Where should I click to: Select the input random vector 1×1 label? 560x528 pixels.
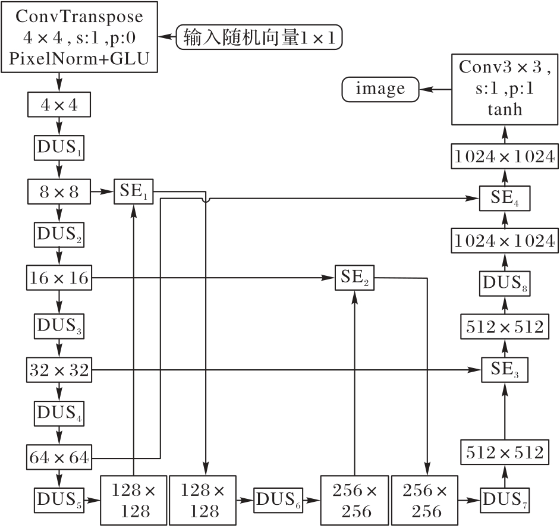click(260, 37)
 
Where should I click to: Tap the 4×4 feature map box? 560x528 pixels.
click(59, 105)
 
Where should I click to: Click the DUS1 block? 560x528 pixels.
click(59, 147)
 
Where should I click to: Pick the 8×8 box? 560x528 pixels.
click(59, 191)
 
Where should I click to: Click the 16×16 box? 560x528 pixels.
click(59, 278)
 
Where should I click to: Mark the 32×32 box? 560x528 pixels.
click(59, 370)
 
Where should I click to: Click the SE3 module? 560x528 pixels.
click(504, 370)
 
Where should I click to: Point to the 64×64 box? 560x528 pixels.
click(59, 458)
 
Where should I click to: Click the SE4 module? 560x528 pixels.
click(504, 197)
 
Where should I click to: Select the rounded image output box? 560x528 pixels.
click(380, 89)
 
